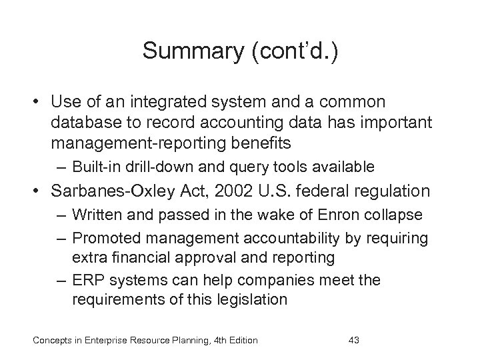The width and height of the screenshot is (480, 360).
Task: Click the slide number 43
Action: [354, 341]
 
